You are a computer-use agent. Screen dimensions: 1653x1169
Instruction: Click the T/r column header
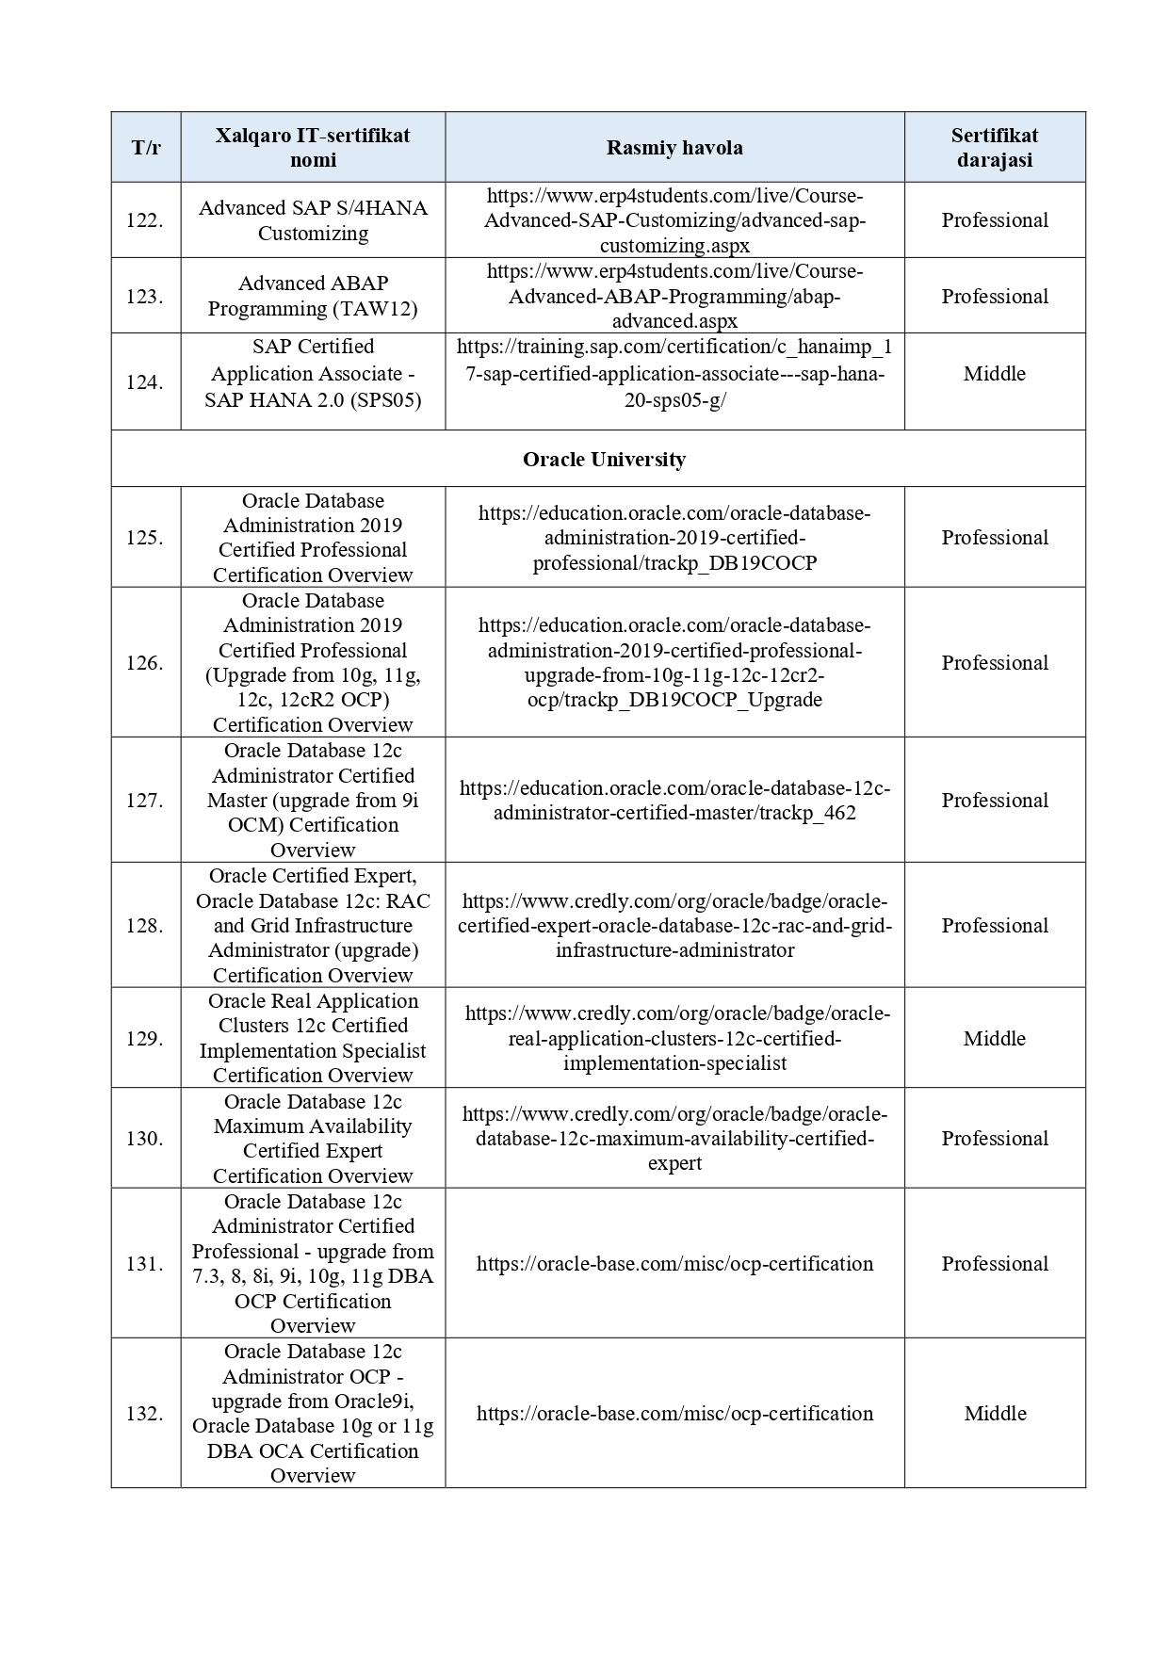click(x=145, y=148)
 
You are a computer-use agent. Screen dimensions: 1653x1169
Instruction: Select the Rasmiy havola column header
click(x=674, y=148)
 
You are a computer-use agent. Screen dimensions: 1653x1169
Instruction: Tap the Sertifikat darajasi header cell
click(x=994, y=148)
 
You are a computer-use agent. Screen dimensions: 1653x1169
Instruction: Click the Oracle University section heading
click(x=604, y=460)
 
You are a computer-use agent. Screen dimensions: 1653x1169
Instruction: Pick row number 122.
click(x=145, y=220)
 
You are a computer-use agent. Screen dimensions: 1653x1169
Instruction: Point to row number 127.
click(x=145, y=801)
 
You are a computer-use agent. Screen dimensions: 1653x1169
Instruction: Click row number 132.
click(x=145, y=1414)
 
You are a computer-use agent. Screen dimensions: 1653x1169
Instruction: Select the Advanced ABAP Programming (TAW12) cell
click(x=313, y=296)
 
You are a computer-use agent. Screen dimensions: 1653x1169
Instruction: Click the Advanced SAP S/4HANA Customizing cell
click(x=313, y=220)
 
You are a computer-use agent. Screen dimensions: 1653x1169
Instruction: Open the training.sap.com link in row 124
click(x=674, y=374)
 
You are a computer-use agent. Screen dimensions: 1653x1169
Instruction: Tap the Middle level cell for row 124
click(x=994, y=374)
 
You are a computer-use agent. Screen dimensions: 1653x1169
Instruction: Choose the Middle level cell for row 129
click(x=994, y=1039)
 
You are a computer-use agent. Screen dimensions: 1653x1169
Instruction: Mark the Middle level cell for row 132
click(x=994, y=1414)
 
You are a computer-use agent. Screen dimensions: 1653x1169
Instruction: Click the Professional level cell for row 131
click(x=994, y=1264)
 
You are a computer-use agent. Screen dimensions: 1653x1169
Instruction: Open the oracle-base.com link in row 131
click(x=674, y=1264)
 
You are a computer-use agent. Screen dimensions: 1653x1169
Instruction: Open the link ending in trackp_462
click(x=674, y=801)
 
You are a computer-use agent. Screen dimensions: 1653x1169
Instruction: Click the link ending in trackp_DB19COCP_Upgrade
click(x=674, y=662)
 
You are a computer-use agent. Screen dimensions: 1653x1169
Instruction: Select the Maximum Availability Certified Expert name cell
click(x=313, y=1139)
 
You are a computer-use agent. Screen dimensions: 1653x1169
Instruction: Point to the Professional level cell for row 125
click(x=994, y=538)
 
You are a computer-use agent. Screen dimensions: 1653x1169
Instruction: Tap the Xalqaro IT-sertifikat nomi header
click(x=313, y=148)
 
